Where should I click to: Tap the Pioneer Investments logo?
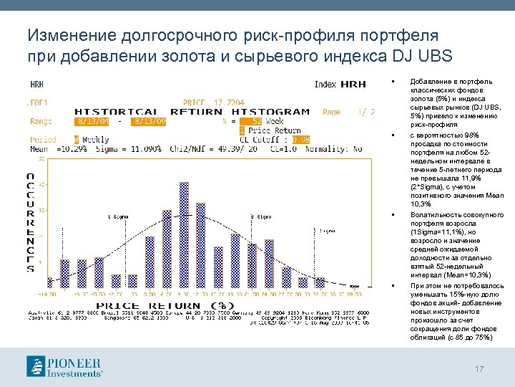[x=65, y=365]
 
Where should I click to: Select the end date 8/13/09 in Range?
[x=149, y=121]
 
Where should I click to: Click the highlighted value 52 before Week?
[x=247, y=121]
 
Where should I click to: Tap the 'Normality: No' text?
[x=336, y=149]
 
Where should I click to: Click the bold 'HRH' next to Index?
[x=353, y=85]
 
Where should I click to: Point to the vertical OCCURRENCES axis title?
[x=30, y=222]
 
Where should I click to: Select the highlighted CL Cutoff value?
[x=301, y=139]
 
